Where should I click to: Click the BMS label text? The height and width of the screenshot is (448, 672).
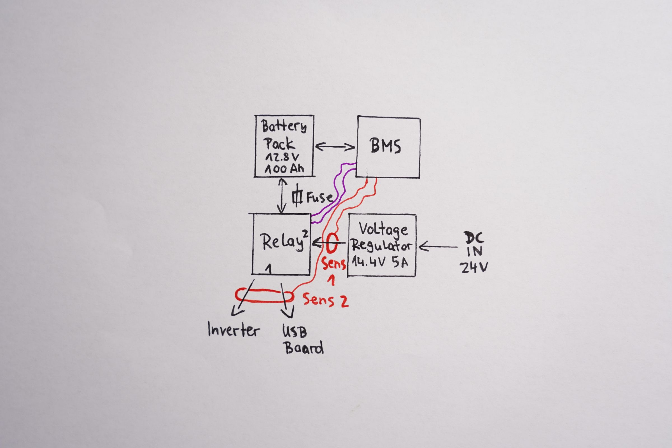point(386,146)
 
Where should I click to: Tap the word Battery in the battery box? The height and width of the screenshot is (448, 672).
point(284,127)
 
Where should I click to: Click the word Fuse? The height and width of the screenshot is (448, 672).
point(320,197)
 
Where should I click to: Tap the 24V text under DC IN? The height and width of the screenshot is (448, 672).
point(473,267)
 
